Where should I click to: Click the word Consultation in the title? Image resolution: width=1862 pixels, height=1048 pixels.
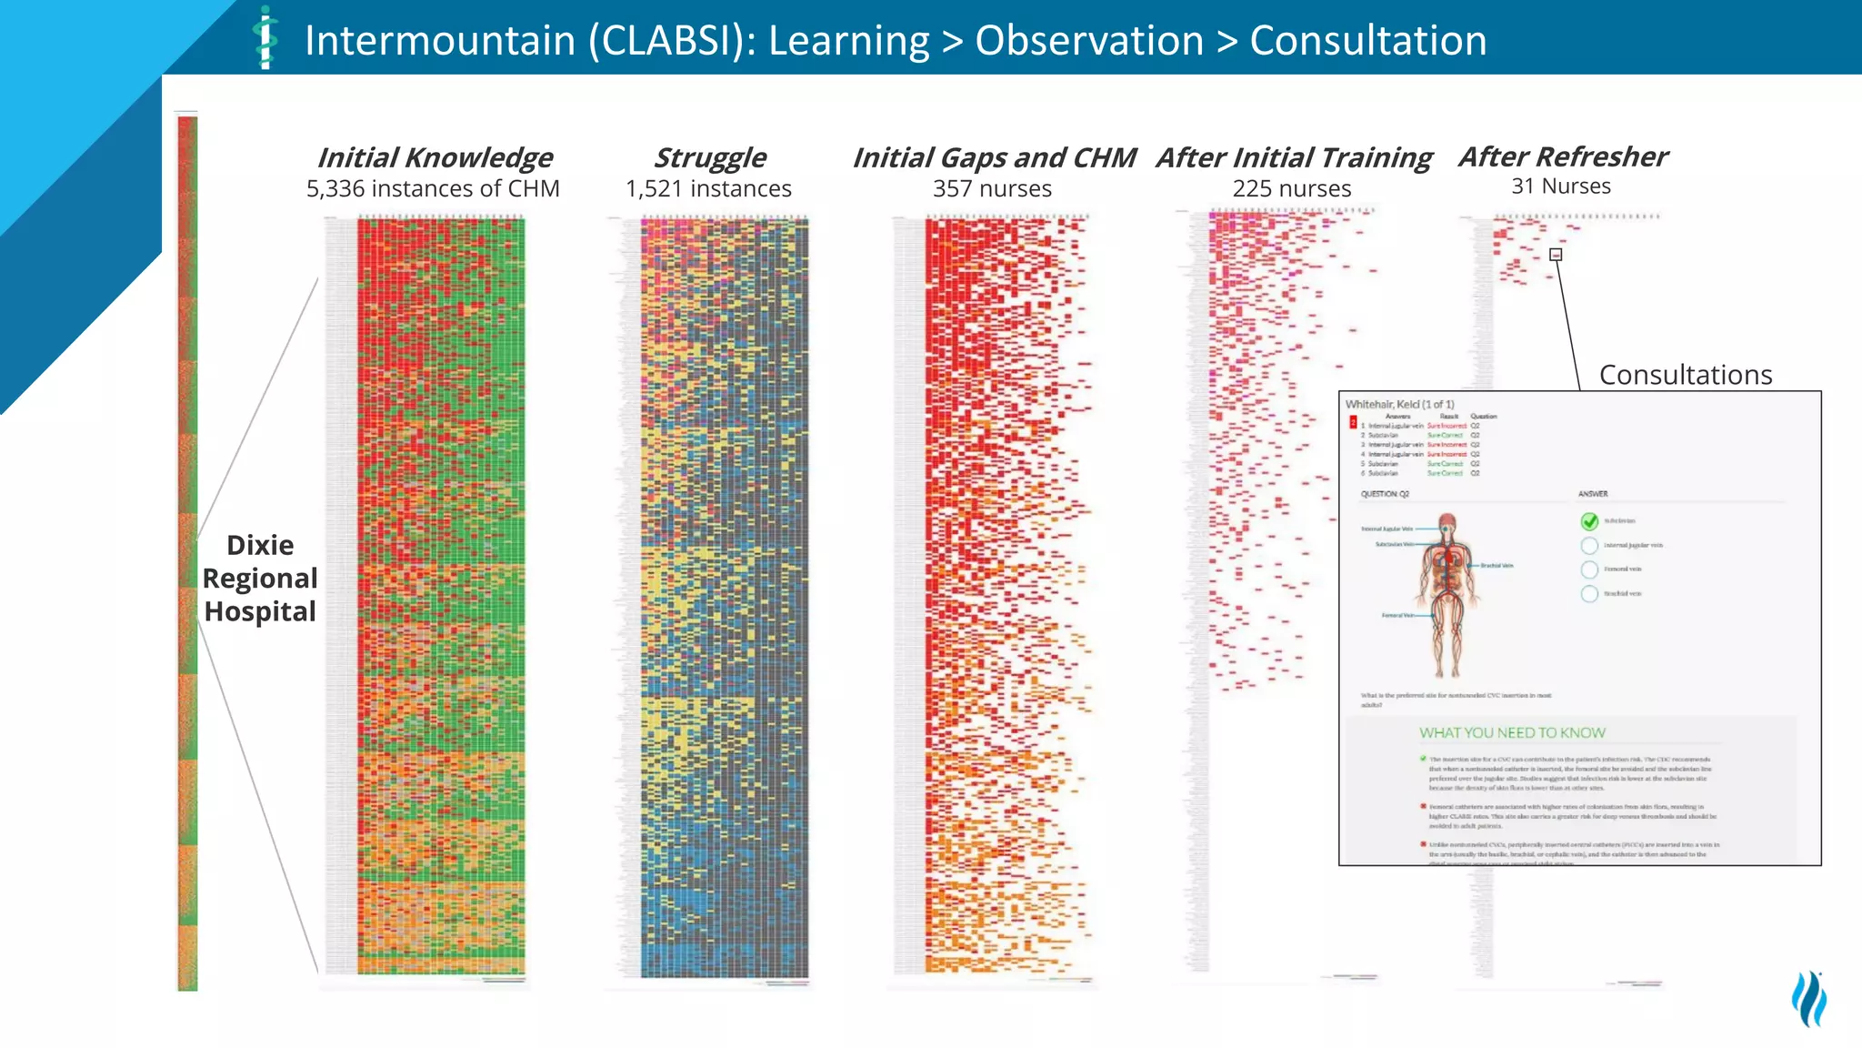pos(1368,41)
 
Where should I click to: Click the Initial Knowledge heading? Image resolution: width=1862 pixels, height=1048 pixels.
pos(435,157)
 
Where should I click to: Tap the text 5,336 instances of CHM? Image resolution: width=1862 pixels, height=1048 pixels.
pos(433,188)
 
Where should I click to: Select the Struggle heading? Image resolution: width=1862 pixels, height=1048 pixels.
pos(710,157)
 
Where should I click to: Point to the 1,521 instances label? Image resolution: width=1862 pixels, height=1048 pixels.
pos(708,188)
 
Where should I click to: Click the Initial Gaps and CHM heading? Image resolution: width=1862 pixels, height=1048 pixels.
pos(994,157)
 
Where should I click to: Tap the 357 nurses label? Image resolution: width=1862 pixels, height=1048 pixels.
pos(992,188)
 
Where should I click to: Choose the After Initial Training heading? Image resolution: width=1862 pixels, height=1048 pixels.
pos(1294,157)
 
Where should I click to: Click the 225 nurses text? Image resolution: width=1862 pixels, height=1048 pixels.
pos(1291,188)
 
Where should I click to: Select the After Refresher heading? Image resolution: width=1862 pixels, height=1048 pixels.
pos(1563,156)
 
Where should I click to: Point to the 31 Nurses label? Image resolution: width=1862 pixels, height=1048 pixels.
pos(1561,186)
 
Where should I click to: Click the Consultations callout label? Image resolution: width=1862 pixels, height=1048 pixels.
pos(1686,375)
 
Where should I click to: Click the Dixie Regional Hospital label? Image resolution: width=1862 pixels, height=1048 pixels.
pos(260,579)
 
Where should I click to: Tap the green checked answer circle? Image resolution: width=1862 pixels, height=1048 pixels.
pos(1589,521)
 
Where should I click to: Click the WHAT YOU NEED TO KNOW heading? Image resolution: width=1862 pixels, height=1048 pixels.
pos(1512,733)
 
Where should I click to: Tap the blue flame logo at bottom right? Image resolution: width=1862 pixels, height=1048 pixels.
pos(1809,998)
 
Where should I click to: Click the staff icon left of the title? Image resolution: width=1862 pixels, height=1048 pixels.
pos(265,38)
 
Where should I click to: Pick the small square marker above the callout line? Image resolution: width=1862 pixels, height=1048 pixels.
pos(1556,255)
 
